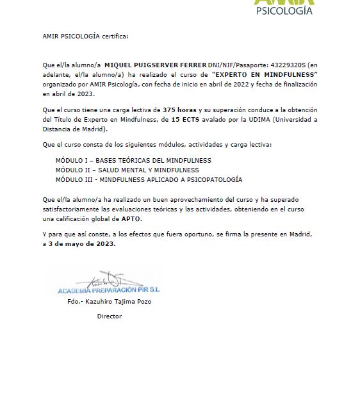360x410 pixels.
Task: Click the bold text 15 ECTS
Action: [185, 119]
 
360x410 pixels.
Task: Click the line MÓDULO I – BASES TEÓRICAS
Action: [133, 160]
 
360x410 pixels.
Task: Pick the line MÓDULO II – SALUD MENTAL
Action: [127, 170]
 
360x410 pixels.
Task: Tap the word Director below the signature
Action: [109, 316]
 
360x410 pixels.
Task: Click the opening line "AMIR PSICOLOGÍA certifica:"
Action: [85, 36]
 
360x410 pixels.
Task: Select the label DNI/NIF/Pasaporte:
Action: [239, 65]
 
